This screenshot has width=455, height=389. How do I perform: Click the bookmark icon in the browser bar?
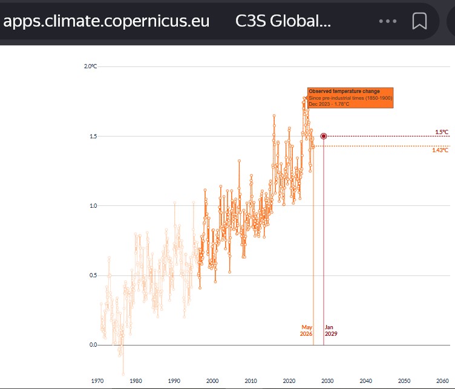[419, 21]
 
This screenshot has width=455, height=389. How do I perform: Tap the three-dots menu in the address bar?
[388, 21]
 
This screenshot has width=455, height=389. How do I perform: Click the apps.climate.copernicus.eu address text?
[106, 21]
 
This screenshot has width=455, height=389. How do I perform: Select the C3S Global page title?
[283, 21]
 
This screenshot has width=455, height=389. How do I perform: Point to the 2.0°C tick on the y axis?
[90, 66]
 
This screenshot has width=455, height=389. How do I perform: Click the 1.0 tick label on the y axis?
[93, 205]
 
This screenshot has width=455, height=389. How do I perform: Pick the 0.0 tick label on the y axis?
[93, 345]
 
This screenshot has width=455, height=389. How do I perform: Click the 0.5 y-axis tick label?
[93, 275]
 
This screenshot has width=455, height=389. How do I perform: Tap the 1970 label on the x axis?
[97, 381]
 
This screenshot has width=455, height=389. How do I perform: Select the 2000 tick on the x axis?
[212, 381]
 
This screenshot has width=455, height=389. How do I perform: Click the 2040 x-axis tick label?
[365, 381]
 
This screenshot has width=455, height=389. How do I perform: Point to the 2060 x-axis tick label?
[442, 381]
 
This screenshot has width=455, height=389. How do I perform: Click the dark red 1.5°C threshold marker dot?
[324, 136]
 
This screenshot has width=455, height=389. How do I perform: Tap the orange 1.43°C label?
[440, 150]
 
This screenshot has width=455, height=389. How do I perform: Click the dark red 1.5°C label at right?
[442, 132]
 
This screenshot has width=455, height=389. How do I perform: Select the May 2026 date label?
[306, 330]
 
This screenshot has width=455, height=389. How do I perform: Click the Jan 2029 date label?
[331, 330]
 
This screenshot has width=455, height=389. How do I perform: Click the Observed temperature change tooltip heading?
[344, 91]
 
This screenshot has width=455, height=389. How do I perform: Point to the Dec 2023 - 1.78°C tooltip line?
[329, 104]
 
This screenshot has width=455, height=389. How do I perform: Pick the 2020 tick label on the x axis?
[289, 381]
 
